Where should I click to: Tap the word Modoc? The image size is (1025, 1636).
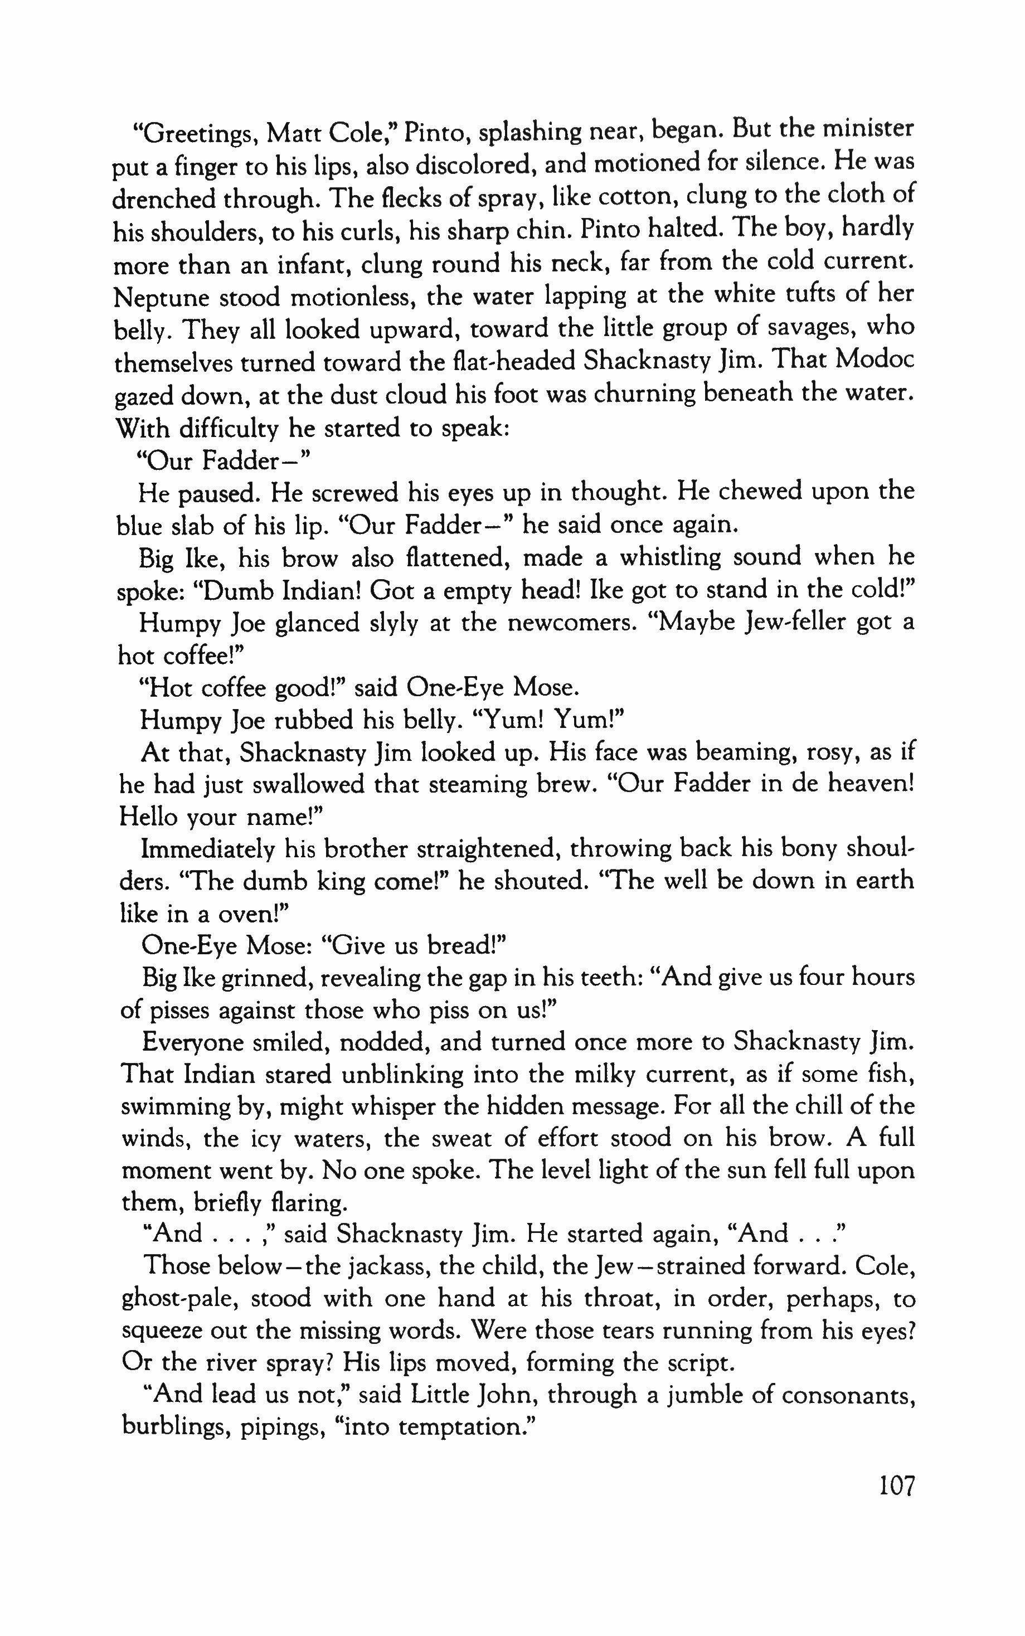pyautogui.click(x=875, y=360)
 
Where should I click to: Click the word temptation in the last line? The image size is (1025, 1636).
pyautogui.click(x=461, y=1429)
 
